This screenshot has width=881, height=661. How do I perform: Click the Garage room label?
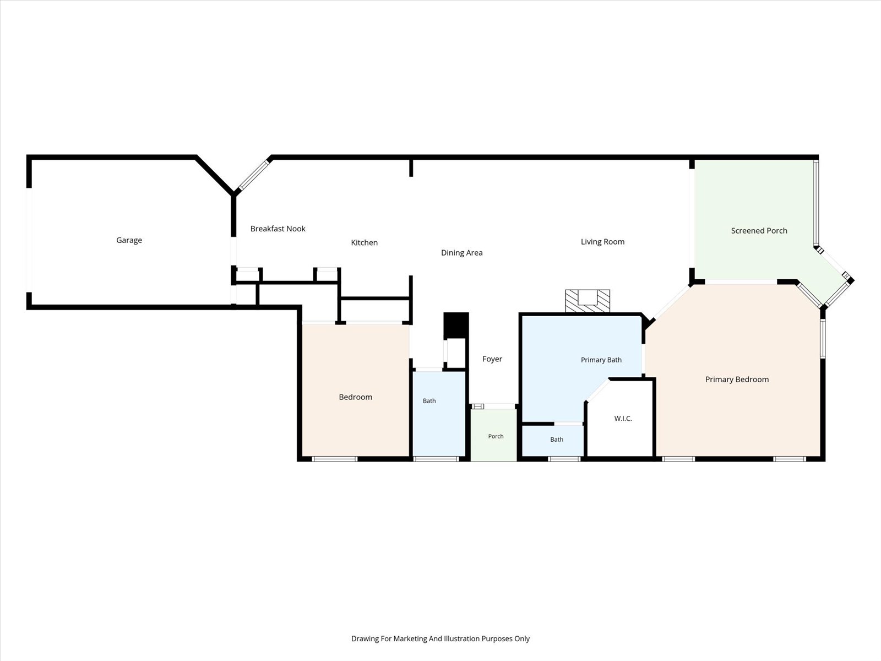[129, 240]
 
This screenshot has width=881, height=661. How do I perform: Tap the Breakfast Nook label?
[278, 229]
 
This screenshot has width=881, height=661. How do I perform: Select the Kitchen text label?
[364, 242]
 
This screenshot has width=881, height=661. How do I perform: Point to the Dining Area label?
[461, 252]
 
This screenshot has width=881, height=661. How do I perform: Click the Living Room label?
[602, 242]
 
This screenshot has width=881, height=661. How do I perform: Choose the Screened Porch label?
[759, 230]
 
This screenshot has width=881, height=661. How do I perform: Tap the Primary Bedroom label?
[737, 380]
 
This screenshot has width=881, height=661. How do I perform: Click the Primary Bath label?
[601, 360]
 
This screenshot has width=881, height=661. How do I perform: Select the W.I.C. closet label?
[623, 418]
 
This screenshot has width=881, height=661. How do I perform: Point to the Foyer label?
[492, 359]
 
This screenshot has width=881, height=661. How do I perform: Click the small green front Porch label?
[496, 436]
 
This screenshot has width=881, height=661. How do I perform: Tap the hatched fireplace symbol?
[588, 301]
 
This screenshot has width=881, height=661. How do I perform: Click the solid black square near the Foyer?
[456, 326]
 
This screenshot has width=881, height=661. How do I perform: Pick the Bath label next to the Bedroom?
[429, 400]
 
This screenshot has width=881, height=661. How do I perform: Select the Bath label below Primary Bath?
[556, 439]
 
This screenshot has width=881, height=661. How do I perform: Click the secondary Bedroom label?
[355, 397]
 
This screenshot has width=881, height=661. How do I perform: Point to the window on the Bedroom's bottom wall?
[335, 459]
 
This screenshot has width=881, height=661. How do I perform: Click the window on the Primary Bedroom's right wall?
[823, 338]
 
